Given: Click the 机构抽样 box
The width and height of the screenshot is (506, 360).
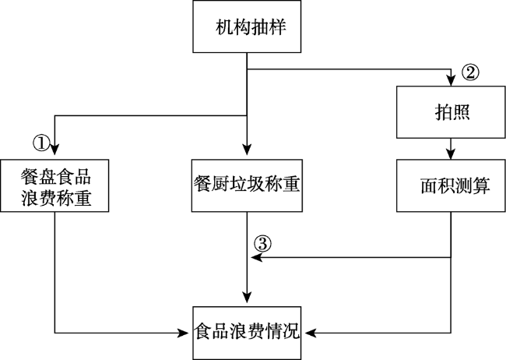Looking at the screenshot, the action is point(247,26).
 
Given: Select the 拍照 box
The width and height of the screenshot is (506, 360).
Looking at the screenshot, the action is point(451,112).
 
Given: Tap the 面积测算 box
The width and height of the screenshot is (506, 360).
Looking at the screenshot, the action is point(451,185).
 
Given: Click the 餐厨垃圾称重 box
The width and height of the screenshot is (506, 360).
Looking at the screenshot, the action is point(247,185).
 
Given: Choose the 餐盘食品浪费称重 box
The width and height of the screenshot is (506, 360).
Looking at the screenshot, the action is point(54,185).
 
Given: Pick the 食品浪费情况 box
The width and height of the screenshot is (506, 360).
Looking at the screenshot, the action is point(247,334).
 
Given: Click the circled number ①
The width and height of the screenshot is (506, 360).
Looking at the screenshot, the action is point(41,143).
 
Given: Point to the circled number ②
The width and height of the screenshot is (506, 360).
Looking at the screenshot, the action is point(470,72).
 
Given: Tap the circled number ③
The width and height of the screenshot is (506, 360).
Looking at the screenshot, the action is point(262,244).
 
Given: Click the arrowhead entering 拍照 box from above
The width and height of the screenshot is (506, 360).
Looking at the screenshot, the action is point(451,81).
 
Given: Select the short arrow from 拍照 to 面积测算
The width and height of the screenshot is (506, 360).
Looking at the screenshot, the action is point(451,149).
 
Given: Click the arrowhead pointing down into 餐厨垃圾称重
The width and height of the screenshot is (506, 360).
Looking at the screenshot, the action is point(247,150).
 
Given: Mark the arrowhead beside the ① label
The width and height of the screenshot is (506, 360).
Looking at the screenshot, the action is point(54,150).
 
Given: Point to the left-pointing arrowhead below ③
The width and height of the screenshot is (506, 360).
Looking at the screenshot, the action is point(257,258).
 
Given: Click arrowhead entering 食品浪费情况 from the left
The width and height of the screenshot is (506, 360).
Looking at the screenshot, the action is point(183,333).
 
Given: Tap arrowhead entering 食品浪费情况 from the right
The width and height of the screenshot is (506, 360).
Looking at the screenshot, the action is point(311,333).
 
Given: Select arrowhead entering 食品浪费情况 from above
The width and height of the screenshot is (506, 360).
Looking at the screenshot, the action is point(247,298).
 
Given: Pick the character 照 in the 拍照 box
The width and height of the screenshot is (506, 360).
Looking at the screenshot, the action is point(461,112).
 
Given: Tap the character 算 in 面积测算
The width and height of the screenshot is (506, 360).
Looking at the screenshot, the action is point(482,185).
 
